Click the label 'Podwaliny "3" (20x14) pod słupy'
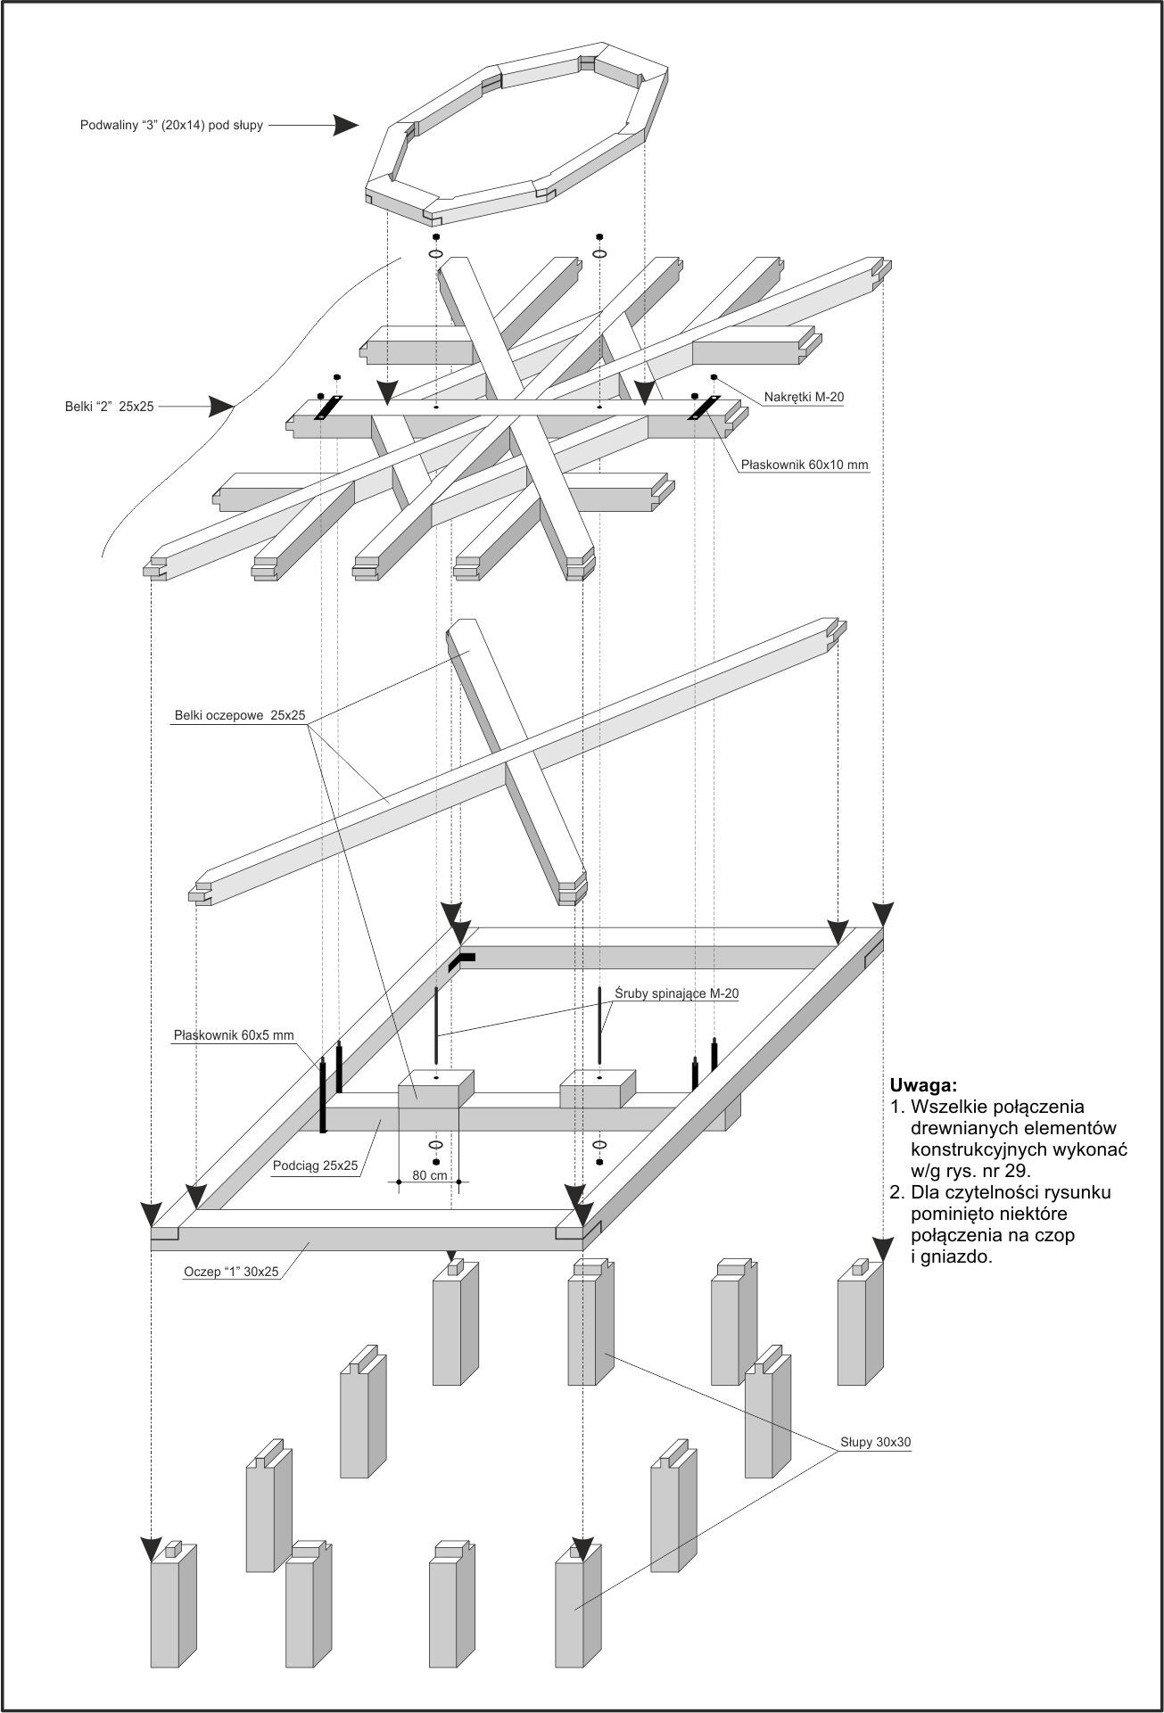tap(171, 126)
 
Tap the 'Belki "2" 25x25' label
tap(103, 407)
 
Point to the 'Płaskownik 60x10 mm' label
tap(805, 465)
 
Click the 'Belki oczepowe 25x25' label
tap(240, 715)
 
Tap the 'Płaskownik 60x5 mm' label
tap(234, 1035)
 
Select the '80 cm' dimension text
tap(429, 1175)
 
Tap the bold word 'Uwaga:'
tap(923, 1085)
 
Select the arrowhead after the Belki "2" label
tap(221, 407)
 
